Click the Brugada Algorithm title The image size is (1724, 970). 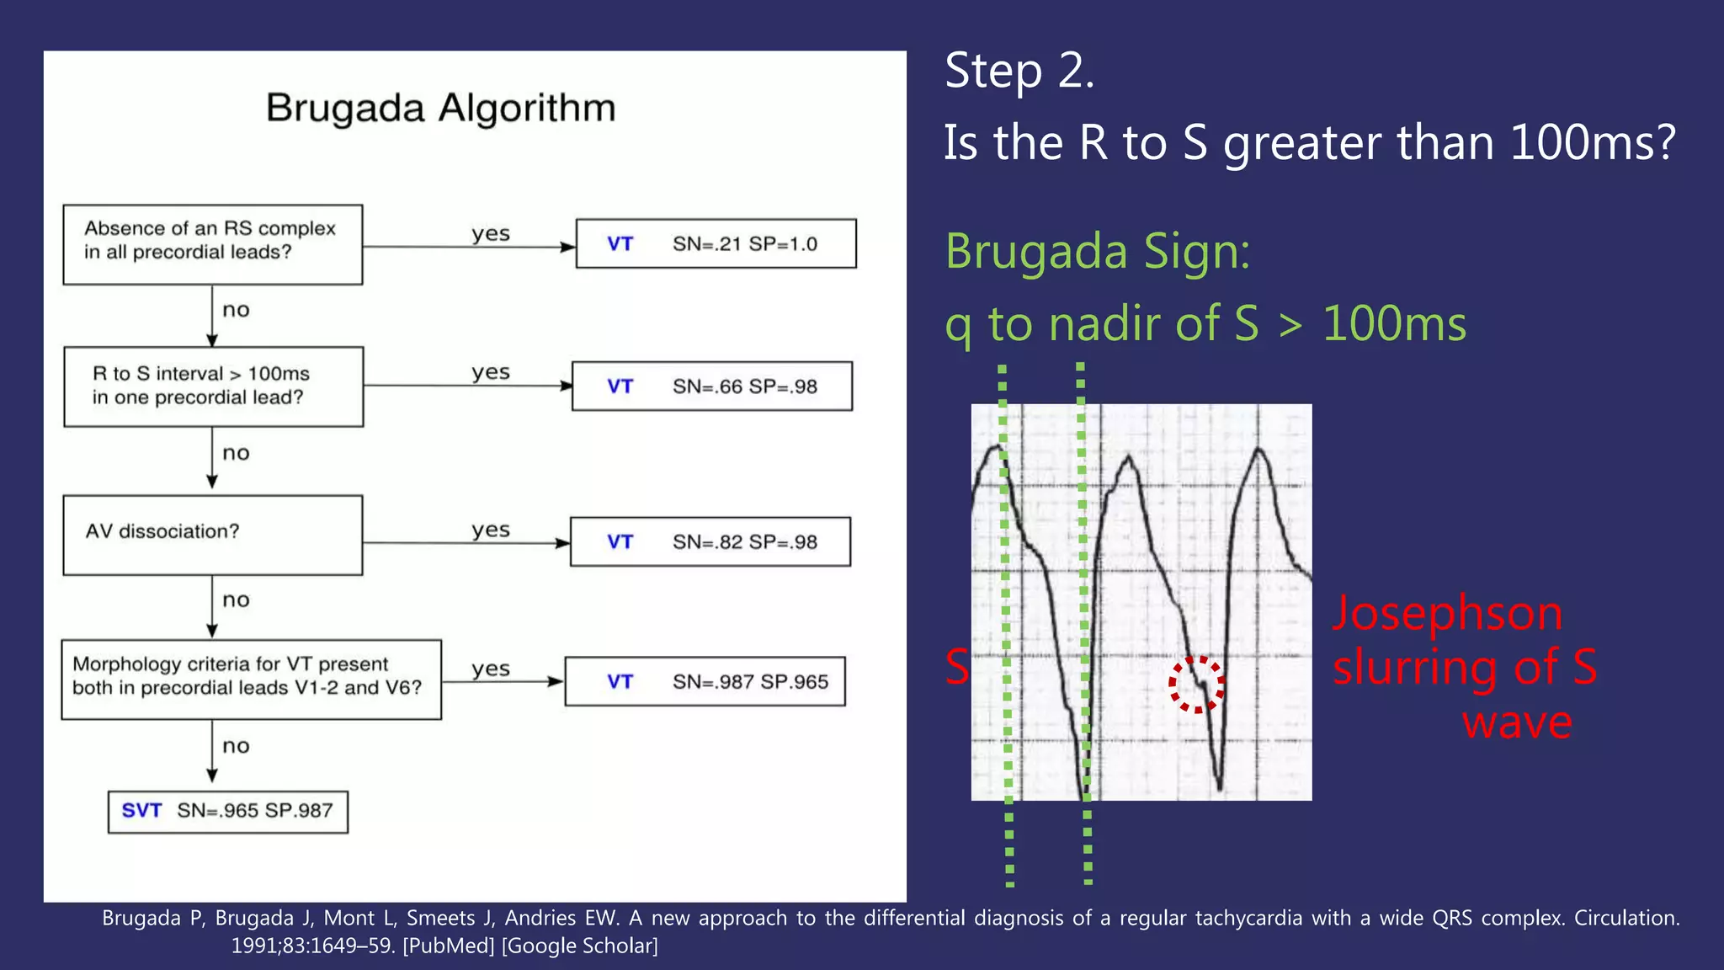click(x=440, y=109)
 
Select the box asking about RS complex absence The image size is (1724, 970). click(x=212, y=244)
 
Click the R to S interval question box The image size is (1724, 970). click(x=213, y=386)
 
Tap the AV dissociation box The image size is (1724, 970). click(x=212, y=535)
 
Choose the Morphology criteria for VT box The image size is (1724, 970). click(x=251, y=679)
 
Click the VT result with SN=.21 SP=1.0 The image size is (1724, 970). click(x=716, y=244)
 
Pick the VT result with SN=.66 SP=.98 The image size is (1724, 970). click(x=711, y=386)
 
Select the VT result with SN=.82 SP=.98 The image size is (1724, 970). click(x=710, y=542)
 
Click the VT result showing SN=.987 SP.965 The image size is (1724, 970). click(x=705, y=681)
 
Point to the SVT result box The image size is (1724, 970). click(x=227, y=812)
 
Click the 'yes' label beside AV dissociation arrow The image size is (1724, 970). click(x=491, y=530)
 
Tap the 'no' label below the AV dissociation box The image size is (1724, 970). click(x=236, y=600)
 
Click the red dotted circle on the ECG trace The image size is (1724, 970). click(x=1196, y=684)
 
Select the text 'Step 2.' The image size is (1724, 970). click(x=1019, y=71)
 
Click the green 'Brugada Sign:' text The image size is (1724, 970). click(x=1097, y=252)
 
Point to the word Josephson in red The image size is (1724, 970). click(x=1447, y=613)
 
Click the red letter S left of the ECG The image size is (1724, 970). click(x=956, y=667)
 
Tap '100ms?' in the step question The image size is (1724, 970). click(x=1592, y=143)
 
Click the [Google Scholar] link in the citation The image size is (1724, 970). click(x=579, y=946)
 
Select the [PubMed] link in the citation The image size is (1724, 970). click(x=449, y=946)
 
